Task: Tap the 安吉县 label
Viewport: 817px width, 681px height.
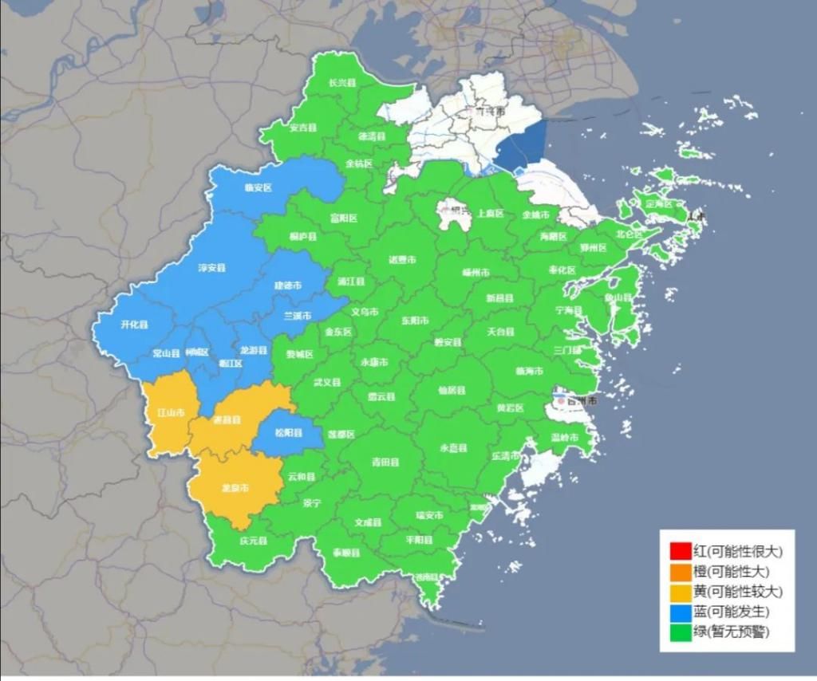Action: tap(303, 128)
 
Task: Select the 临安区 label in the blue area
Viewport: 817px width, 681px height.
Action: tap(258, 188)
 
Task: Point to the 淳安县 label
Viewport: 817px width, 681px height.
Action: tap(211, 268)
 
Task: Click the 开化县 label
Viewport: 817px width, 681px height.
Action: tap(134, 325)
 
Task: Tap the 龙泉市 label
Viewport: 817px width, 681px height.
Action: tap(234, 487)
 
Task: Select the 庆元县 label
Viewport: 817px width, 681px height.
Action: tap(253, 540)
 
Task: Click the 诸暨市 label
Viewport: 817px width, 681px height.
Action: tap(402, 259)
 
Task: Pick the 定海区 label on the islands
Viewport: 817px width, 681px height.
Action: tap(659, 204)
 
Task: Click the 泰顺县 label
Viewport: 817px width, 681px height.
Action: tap(346, 553)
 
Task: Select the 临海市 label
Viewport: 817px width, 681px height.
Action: tap(529, 372)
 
